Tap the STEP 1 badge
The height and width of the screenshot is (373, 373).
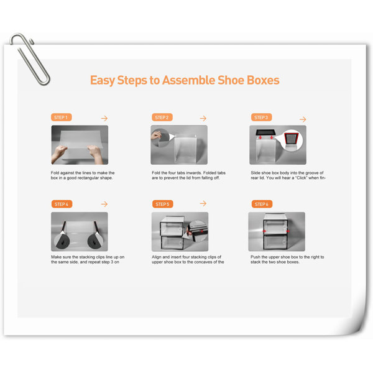point(61,117)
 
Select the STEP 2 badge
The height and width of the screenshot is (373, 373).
point(162,117)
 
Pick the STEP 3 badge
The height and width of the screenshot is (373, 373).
point(261,117)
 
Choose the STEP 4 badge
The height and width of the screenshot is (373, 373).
point(62,204)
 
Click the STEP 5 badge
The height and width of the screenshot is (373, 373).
point(162,204)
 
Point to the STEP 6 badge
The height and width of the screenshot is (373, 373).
point(262,204)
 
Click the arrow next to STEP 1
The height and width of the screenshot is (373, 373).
point(104,118)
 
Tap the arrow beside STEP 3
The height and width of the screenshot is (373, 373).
point(303,119)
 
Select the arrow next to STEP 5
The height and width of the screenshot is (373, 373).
point(203,203)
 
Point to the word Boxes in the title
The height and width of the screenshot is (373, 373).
point(263,80)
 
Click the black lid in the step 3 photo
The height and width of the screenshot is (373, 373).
point(265,132)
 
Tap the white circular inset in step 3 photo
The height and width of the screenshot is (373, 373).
point(292,140)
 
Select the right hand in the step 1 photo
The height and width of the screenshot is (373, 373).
point(96,154)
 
